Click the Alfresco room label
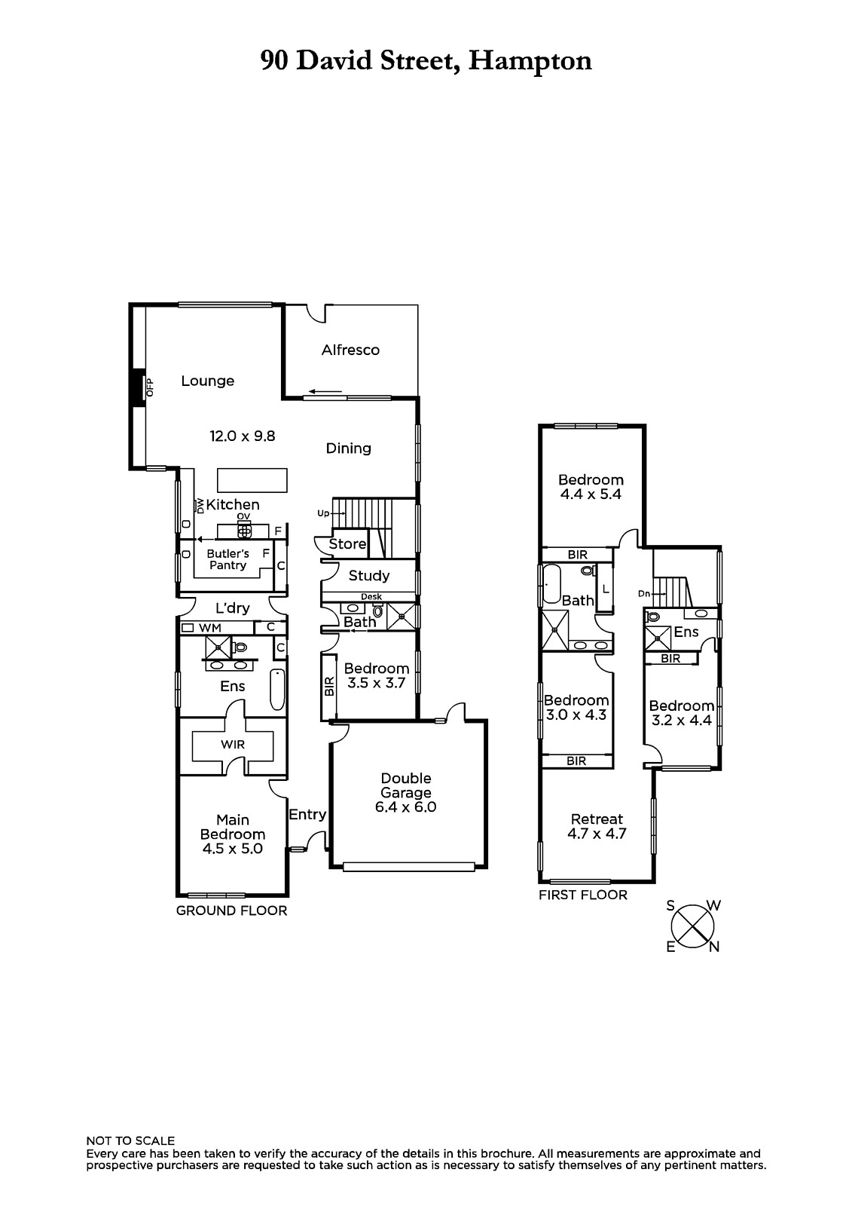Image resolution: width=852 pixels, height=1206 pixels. point(350,350)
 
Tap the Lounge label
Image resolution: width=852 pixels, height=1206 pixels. point(208,381)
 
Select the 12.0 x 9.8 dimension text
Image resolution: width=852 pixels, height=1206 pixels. point(243,436)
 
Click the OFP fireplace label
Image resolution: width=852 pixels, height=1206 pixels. point(150,387)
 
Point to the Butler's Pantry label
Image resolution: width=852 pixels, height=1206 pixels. point(228,559)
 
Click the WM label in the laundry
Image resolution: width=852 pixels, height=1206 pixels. point(210,628)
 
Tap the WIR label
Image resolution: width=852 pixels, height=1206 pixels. point(233,745)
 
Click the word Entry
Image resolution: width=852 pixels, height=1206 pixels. point(307,815)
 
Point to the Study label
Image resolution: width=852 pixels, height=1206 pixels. point(368,576)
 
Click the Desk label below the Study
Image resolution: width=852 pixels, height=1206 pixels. point(371,596)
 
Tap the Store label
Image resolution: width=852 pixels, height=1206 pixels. point(347,543)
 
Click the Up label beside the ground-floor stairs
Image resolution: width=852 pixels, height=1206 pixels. point(323,513)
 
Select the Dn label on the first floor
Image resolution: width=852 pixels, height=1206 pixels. point(644,594)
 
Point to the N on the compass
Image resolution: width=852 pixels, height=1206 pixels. point(714,947)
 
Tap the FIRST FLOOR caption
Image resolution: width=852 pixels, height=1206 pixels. point(583,895)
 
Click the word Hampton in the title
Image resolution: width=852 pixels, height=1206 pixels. point(530,61)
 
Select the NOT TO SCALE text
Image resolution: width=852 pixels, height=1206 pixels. point(130,1141)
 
